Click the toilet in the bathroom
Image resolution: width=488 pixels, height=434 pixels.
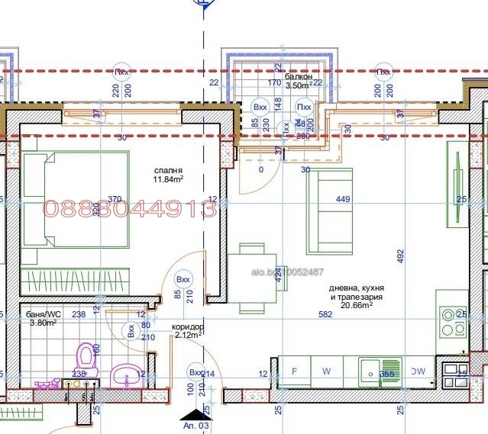point(85,357)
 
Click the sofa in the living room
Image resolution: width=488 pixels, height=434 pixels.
point(329,211)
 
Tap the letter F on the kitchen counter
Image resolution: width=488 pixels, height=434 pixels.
point(294,372)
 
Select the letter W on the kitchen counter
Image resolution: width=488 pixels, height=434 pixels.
point(326,372)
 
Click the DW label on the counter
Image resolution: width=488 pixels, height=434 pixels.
point(417,372)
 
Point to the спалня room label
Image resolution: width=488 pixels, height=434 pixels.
point(167,172)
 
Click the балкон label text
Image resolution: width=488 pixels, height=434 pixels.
point(299,77)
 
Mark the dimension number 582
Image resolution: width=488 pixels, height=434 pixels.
point(325,314)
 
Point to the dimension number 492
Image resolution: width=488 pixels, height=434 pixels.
point(401,256)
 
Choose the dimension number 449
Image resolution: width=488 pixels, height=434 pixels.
point(343,200)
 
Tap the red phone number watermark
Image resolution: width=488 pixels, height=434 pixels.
point(130,208)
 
